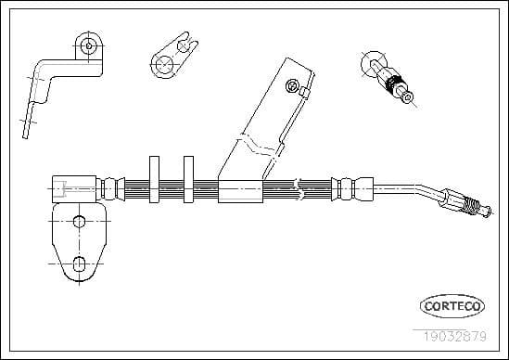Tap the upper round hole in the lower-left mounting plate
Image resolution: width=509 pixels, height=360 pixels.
point(80,221)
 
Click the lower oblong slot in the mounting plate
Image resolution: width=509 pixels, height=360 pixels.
point(80,263)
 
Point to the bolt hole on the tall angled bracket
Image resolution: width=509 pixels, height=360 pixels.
point(292,86)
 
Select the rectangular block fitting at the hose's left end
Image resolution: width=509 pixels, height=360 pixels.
point(73,187)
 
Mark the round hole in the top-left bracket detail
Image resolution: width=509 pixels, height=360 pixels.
point(89,44)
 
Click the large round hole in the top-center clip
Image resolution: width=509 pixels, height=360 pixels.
point(165,62)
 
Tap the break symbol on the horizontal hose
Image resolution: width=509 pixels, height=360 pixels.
point(299,187)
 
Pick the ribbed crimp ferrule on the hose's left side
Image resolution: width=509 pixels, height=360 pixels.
point(111,187)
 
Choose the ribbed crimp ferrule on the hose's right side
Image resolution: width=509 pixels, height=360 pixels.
point(346,187)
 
